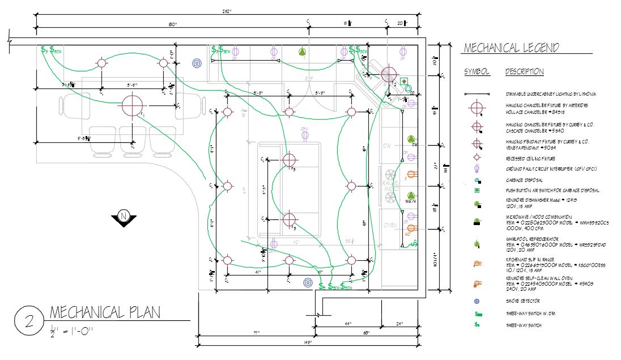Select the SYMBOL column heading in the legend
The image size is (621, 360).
tap(477, 72)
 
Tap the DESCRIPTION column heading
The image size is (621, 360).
tap(524, 72)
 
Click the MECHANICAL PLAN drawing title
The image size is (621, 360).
tap(105, 312)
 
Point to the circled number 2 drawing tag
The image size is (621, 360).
tap(27, 320)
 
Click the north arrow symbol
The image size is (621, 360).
tap(123, 218)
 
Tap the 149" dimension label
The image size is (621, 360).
tap(308, 342)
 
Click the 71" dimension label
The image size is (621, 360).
tap(256, 333)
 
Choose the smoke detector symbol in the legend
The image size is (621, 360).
tap(477, 301)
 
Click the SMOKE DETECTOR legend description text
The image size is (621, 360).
tap(522, 301)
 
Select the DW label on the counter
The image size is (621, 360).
tap(387, 146)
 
